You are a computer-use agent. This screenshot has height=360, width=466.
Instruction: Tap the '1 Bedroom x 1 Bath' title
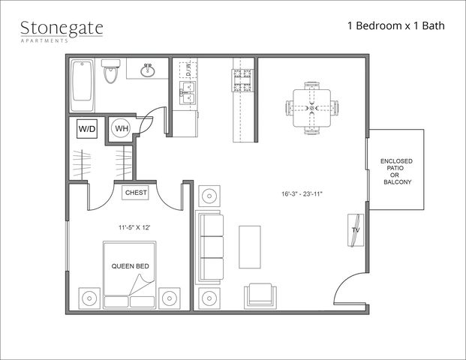click(396, 25)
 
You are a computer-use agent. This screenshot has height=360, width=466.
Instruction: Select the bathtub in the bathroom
click(82, 85)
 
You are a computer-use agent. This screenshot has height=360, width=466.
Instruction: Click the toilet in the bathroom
click(111, 71)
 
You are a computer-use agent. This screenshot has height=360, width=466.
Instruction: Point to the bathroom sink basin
click(147, 70)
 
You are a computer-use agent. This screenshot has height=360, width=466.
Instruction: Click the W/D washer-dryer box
click(87, 129)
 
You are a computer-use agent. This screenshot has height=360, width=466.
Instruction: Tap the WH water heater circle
click(121, 128)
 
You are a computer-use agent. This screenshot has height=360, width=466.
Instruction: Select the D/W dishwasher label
click(188, 70)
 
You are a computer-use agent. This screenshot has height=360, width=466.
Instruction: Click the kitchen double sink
click(188, 92)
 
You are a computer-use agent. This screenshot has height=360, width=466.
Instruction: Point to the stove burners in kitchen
click(243, 80)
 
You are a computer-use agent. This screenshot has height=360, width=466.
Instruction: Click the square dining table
click(311, 108)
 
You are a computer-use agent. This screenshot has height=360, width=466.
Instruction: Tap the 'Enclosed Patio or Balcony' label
click(397, 172)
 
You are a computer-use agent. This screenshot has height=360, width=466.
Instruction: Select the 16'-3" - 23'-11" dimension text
click(302, 194)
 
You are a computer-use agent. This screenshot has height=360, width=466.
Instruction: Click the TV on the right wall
click(356, 230)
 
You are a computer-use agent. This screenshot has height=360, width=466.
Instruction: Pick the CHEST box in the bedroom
click(136, 193)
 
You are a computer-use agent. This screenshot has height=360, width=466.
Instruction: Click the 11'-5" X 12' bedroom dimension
click(134, 228)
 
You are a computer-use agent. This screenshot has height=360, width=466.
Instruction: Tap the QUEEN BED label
click(130, 266)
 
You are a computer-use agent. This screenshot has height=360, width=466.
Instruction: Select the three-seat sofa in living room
click(209, 247)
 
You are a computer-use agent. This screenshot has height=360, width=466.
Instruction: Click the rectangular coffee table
click(250, 247)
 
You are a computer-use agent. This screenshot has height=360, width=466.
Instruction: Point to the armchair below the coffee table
click(260, 295)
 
